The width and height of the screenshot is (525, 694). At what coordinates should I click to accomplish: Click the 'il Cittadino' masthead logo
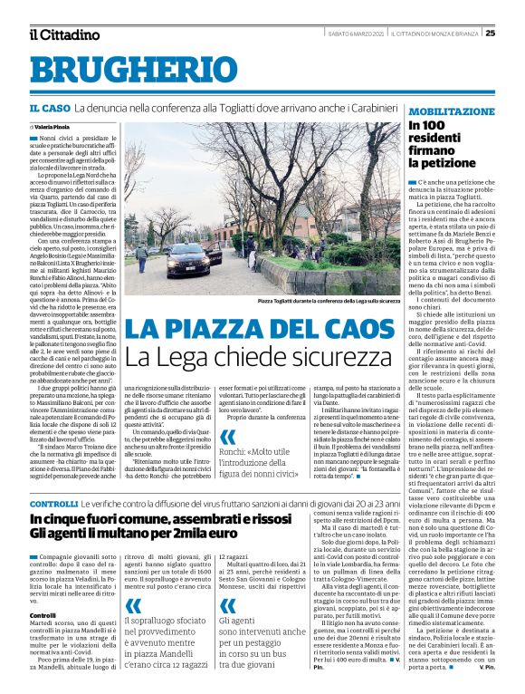pos(64,34)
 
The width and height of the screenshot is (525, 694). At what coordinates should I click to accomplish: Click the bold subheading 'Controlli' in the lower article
pos(43,589)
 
